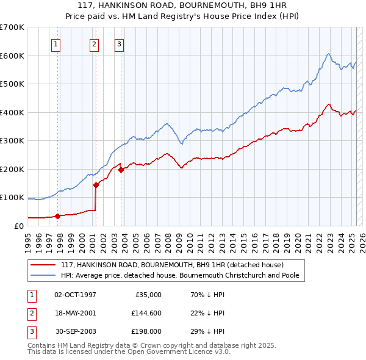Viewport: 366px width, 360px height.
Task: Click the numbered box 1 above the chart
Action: [56, 44]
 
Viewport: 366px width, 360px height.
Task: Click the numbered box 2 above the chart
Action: [95, 44]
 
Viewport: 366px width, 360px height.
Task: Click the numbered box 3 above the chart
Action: [119, 44]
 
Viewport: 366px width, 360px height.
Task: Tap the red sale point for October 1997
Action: [57, 215]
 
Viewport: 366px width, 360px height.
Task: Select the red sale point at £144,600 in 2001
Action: [96, 184]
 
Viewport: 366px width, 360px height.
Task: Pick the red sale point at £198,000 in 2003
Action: [121, 170]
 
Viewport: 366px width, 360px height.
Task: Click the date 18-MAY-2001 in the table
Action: [75, 313]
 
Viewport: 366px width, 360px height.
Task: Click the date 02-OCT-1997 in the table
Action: [75, 295]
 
